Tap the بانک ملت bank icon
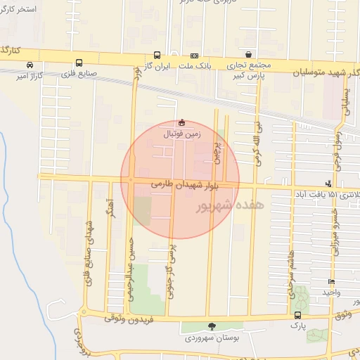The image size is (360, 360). click(x=194, y=56)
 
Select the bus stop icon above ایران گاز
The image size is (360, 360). click(x=157, y=55)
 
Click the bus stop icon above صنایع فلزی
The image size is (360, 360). click(x=79, y=63)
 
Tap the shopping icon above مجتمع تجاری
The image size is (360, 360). click(x=248, y=55)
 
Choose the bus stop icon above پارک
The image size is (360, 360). click(x=297, y=315)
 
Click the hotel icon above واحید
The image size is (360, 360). click(x=332, y=281)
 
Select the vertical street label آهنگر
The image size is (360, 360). click(x=111, y=221)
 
